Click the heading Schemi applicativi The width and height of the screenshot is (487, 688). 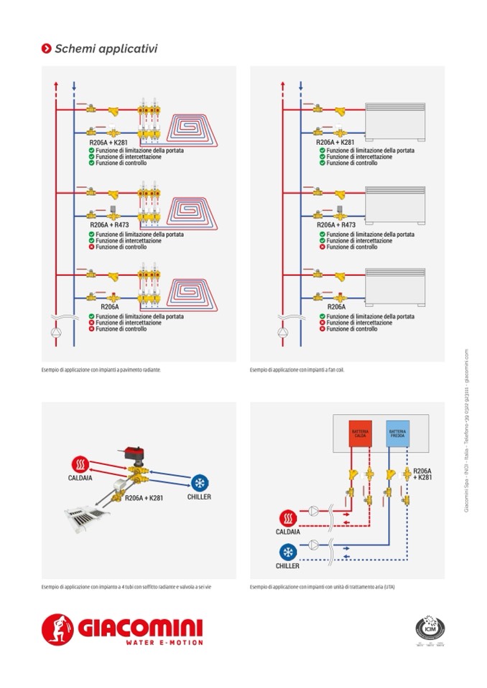(x=106, y=49)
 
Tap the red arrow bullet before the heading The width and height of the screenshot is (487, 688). (x=46, y=49)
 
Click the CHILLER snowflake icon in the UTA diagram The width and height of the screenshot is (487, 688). (x=288, y=551)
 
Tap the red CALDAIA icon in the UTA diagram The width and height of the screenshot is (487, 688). (x=288, y=517)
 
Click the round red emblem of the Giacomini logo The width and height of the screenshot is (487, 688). (x=57, y=629)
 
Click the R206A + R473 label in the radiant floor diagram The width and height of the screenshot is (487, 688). (x=111, y=225)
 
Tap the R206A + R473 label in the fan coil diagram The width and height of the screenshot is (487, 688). (x=336, y=225)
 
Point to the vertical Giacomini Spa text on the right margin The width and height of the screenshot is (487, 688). (x=466, y=431)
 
